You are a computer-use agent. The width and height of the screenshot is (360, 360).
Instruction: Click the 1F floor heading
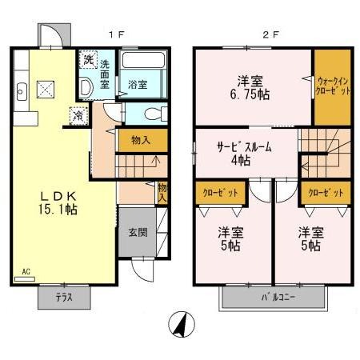(115, 35)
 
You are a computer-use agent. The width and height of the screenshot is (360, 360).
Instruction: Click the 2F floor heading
(272, 35)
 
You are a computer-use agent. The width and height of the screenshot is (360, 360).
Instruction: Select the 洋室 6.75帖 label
(250, 86)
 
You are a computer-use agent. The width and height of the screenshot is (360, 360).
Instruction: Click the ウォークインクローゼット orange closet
(331, 86)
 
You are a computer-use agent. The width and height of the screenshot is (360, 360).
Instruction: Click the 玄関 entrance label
(137, 233)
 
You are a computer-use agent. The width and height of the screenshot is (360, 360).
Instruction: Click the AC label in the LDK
(26, 271)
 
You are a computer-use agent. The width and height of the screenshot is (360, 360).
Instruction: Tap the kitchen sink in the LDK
(20, 90)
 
